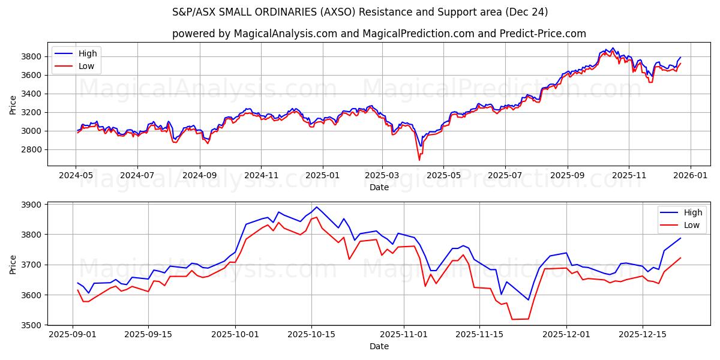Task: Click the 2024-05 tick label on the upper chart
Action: [76, 175]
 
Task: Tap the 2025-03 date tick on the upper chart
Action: [382, 175]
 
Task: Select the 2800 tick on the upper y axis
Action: [31, 149]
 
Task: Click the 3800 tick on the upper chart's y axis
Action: [31, 56]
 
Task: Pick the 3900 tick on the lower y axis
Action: [31, 205]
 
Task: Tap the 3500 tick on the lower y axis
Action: [31, 325]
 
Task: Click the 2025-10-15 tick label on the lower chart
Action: [311, 334]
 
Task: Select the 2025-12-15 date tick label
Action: [643, 334]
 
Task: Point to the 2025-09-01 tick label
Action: [73, 334]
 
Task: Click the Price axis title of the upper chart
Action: [13, 104]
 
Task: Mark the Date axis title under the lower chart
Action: [379, 346]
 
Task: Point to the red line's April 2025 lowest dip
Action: [419, 160]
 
